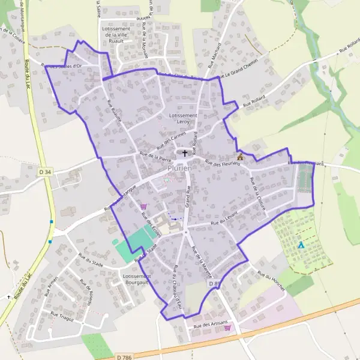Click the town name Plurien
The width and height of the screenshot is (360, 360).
179,169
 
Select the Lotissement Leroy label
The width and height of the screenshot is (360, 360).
183,118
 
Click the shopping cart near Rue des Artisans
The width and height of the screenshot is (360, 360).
227,328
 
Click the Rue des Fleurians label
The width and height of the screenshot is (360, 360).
227,166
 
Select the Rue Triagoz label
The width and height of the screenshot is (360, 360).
62,315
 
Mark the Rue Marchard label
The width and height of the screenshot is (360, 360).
215,55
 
